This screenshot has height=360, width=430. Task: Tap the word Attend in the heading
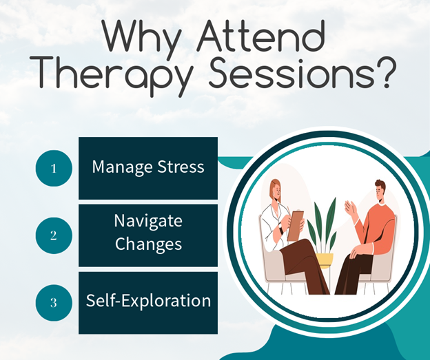tap(260, 36)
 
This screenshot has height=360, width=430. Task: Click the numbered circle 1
tap(54, 168)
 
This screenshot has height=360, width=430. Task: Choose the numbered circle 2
tap(54, 235)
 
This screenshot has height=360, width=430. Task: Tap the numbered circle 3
tap(54, 303)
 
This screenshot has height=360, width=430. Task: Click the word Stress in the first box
tap(181, 167)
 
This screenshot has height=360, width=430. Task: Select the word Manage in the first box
tap(122, 167)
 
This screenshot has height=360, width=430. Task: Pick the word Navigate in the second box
tap(148, 222)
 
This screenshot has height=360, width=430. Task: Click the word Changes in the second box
tap(148, 244)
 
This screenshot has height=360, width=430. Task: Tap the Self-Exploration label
tap(148, 301)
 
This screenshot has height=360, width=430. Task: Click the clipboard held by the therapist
tap(296, 225)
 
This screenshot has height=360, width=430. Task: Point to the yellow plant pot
tap(324, 260)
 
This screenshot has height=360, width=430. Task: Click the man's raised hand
tap(350, 208)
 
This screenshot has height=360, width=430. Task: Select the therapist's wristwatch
tap(280, 229)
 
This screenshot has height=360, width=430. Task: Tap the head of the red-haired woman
tap(276, 190)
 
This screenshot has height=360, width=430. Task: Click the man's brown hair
tap(380, 185)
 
